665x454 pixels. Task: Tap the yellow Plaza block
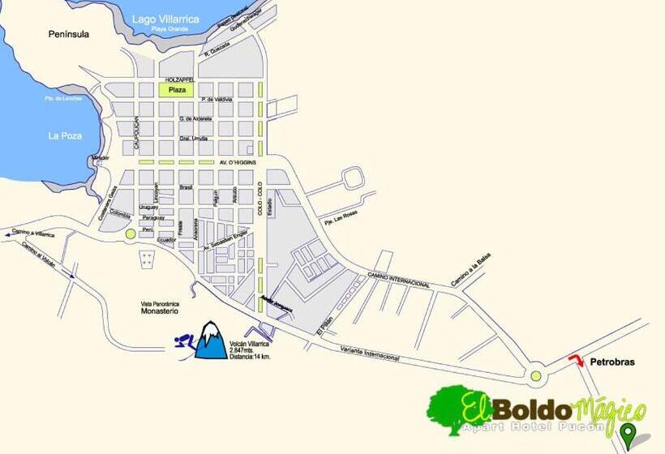pos(178,90)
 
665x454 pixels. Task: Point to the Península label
pos(69,35)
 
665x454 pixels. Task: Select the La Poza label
pos(65,135)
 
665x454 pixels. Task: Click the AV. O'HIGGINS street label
pos(238,162)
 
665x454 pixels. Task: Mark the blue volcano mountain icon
pos(211,340)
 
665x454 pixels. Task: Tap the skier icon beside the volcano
pos(184,345)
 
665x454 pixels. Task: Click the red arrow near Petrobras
pos(576,360)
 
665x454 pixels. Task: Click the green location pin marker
pos(628,435)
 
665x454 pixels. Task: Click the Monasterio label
pos(158,311)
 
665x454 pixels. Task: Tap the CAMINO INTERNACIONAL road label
pos(399,281)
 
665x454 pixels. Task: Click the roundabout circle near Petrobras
pos(535,375)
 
